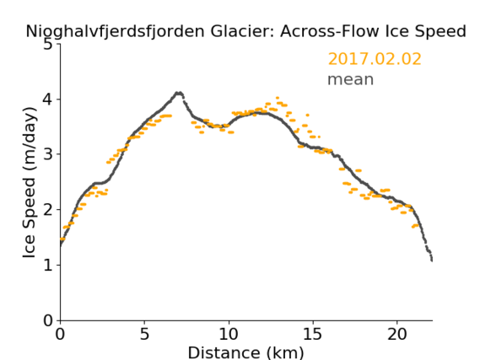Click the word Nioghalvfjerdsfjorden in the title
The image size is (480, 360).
pos(115,32)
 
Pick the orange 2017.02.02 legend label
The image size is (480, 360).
pos(375,59)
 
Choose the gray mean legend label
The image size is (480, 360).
pos(351,79)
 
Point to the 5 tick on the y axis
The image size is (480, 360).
pos(48,45)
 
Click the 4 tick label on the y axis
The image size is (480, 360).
pos(48,99)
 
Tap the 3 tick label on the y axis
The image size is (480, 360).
pos(48,154)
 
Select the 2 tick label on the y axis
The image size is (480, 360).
pos(48,210)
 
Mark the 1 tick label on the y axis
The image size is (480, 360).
pos(48,266)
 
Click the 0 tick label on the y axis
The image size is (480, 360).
pos(48,320)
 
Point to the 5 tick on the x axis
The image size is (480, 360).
pos(144,334)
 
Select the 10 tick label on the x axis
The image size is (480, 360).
pos(229,334)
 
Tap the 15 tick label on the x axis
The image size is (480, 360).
pos(313,334)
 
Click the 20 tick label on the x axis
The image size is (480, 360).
pos(396,334)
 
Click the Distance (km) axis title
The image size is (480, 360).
pos(245,352)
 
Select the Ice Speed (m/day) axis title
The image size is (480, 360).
pos(30,183)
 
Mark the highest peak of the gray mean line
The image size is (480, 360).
pos(179,93)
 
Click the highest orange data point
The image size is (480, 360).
pos(278,98)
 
